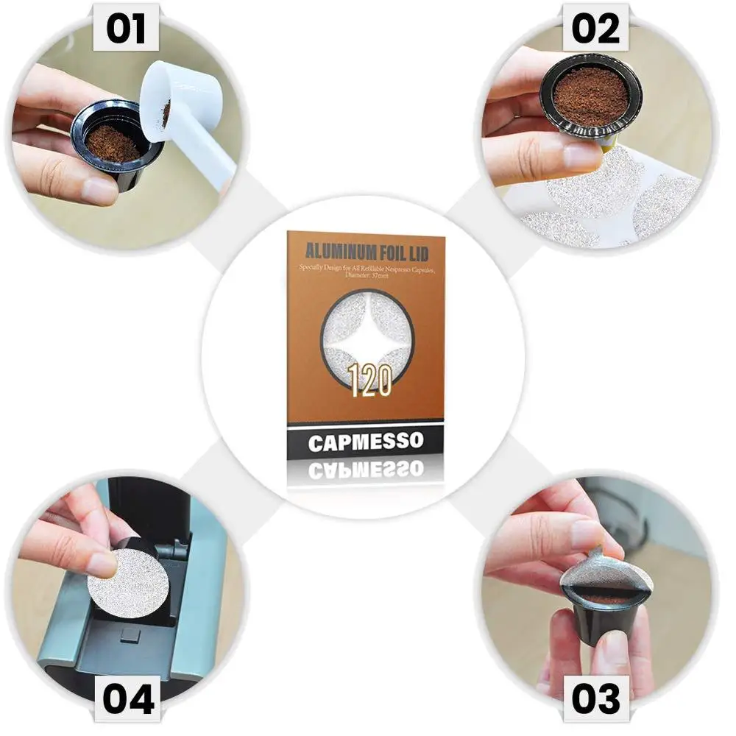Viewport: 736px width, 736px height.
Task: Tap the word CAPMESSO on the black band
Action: coord(366,442)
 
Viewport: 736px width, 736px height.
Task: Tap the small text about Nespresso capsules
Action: coord(366,269)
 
